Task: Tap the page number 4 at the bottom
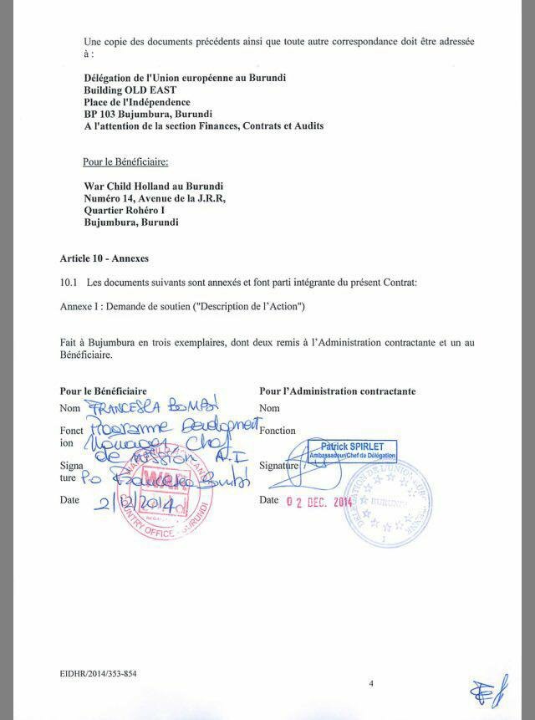[371, 683]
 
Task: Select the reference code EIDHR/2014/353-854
[98, 673]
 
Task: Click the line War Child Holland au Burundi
[153, 186]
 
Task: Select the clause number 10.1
[69, 283]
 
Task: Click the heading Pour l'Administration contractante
[337, 391]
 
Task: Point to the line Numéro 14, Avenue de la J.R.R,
[155, 198]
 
